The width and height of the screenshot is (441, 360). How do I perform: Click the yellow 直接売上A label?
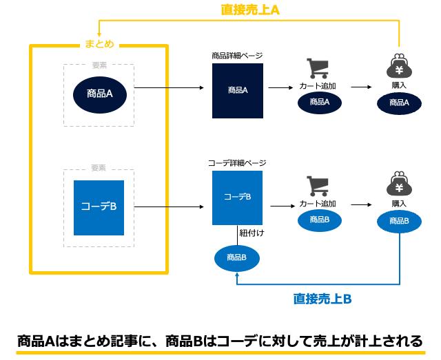pyautogui.click(x=250, y=10)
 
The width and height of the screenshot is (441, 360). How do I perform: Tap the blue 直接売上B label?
pyautogui.click(x=322, y=299)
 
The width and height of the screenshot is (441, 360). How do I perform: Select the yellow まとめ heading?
pyautogui.click(x=99, y=44)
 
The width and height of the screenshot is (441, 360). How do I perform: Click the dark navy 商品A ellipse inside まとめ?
pyautogui.click(x=100, y=95)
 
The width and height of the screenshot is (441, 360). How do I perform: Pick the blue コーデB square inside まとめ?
pyautogui.click(x=99, y=208)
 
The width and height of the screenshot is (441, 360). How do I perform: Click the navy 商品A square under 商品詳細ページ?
pyautogui.click(x=238, y=90)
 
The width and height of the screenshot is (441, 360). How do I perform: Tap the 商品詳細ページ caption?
pyautogui.click(x=237, y=56)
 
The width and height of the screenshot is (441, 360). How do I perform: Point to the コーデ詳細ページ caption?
pyautogui.click(x=237, y=163)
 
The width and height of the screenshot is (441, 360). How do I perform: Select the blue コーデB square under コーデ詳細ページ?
pyautogui.click(x=237, y=198)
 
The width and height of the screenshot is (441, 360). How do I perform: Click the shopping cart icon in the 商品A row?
pyautogui.click(x=318, y=68)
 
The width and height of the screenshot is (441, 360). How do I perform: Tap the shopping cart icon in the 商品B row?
pyautogui.click(x=318, y=186)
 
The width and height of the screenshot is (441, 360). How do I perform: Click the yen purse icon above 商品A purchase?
pyautogui.click(x=399, y=66)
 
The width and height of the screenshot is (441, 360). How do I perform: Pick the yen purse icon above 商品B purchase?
pyautogui.click(x=399, y=184)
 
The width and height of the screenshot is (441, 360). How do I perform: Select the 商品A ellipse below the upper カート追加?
pyautogui.click(x=320, y=103)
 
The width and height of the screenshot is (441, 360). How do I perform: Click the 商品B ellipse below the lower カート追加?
pyautogui.click(x=320, y=220)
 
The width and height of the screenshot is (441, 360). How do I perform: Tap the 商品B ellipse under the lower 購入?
pyautogui.click(x=399, y=222)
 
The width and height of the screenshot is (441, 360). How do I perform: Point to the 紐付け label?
pyautogui.click(x=252, y=233)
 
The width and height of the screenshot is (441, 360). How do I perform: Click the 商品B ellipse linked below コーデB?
pyautogui.click(x=237, y=258)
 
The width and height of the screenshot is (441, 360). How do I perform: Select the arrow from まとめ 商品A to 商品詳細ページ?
pyautogui.click(x=169, y=87)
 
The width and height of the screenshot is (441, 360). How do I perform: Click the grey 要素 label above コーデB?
pyautogui.click(x=99, y=168)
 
